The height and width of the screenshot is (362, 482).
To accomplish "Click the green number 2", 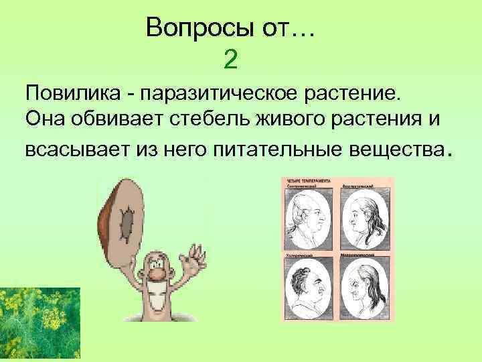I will [x=230, y=60].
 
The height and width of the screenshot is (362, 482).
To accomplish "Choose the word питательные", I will [x=277, y=149].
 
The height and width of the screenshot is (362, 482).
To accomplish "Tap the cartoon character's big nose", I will [x=155, y=274].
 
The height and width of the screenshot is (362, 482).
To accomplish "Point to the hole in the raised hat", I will [x=126, y=225].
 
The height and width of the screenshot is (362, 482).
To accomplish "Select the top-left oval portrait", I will [x=308, y=218].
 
